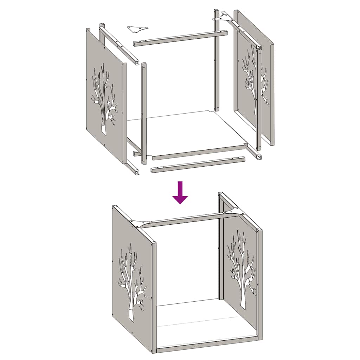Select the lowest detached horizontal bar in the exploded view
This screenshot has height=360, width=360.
coord(198,164)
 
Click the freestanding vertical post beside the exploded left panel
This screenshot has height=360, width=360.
coord(143,112)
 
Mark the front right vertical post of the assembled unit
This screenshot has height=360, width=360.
coord(259,285)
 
